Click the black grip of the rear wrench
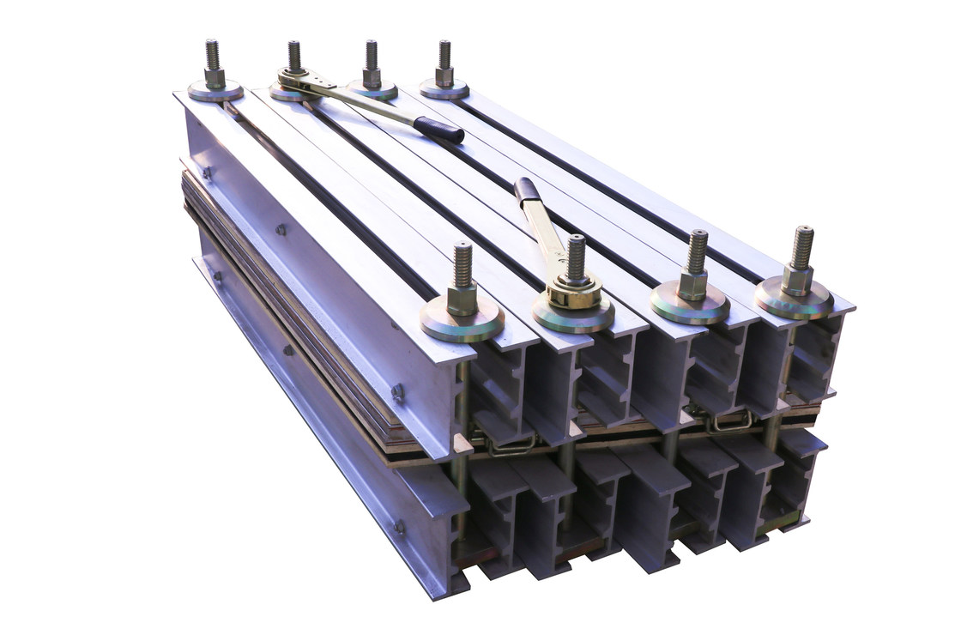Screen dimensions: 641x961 tap(438, 130)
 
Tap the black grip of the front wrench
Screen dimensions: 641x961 tap(528, 190)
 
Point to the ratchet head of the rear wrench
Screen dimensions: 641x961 tap(293, 80)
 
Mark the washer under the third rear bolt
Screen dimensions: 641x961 tap(372, 89)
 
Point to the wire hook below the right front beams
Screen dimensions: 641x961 tap(730, 421)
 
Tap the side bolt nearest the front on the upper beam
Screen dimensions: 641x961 tap(397, 392)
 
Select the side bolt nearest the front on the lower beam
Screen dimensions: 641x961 tap(400, 527)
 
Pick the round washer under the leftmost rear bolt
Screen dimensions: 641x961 tap(215, 91)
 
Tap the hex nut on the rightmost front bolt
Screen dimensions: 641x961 tap(796, 277)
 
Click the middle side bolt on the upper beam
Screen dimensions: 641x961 tap(281, 230)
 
